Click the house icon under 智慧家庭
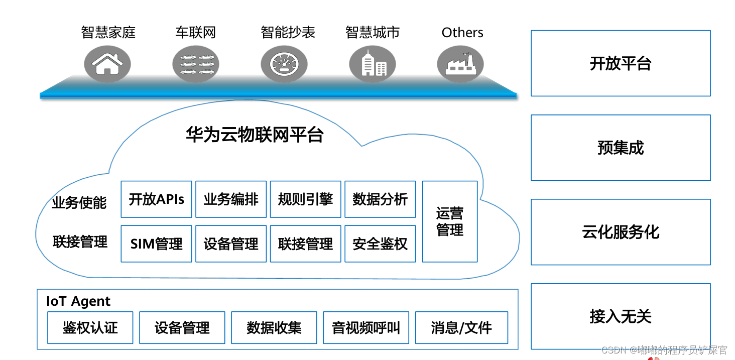(107, 64)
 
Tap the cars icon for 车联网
(196, 64)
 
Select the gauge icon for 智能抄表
(284, 64)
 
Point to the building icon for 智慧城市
(373, 64)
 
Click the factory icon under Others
(460, 64)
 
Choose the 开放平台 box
(621, 63)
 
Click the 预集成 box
(621, 148)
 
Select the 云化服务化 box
(621, 232)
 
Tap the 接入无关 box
(621, 316)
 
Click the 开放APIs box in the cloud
(156, 199)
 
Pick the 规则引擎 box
(305, 199)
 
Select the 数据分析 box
(380, 199)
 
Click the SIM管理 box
(156, 244)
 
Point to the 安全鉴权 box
(380, 244)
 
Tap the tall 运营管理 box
(450, 221)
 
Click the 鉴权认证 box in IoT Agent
(90, 328)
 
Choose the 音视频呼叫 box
(366, 328)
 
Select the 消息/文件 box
(461, 328)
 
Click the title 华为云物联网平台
(255, 135)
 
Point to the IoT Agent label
(78, 301)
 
